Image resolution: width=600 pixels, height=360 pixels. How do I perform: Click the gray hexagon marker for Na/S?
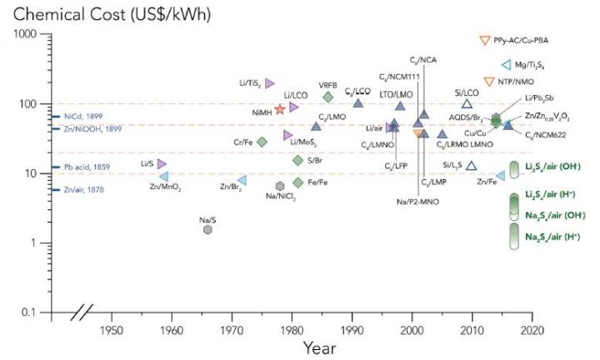point(208,229)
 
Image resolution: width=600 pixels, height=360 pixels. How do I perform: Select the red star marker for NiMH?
point(280,109)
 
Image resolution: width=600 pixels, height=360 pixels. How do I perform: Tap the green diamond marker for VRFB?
point(327,97)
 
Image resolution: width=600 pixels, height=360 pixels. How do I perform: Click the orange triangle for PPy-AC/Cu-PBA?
point(484,40)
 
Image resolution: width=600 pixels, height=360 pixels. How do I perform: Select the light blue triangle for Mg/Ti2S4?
point(506,64)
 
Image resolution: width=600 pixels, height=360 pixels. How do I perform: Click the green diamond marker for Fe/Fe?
point(298,182)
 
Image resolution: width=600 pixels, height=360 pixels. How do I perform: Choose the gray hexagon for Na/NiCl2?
point(280,186)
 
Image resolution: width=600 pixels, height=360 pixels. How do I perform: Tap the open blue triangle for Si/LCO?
point(467,103)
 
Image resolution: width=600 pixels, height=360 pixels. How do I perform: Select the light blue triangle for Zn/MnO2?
point(164,177)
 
